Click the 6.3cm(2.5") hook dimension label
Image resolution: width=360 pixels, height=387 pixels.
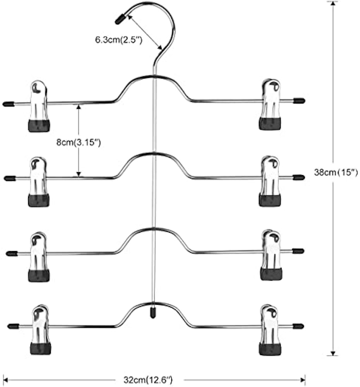click(119, 40)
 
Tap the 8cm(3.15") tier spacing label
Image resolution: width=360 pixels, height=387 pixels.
click(78, 142)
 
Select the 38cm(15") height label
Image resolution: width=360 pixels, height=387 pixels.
click(336, 172)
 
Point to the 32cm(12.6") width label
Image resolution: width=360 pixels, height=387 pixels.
click(148, 380)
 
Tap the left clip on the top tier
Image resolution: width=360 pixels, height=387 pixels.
click(39, 105)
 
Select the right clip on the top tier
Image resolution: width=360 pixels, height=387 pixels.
click(270, 104)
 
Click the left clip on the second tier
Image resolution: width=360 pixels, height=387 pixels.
click(39, 182)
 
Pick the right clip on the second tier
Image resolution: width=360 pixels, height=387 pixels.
click(270, 181)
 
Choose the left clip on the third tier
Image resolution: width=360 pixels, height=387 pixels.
click(39, 257)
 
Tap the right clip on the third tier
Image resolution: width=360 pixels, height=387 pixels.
click(271, 255)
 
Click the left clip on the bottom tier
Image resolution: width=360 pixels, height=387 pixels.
click(41, 329)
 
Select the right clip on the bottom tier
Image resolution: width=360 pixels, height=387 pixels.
click(270, 330)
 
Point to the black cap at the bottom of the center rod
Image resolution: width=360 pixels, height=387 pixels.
click(153, 313)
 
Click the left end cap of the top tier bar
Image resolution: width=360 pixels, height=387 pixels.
click(8, 104)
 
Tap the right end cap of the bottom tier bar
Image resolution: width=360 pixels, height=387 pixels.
click(298, 326)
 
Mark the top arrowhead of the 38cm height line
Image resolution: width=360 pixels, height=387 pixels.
click(333, 3)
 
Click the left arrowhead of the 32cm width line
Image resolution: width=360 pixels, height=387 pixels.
click(5, 380)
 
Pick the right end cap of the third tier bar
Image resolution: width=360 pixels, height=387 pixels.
click(298, 251)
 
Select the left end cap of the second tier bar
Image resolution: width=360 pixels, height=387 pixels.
click(10, 178)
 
